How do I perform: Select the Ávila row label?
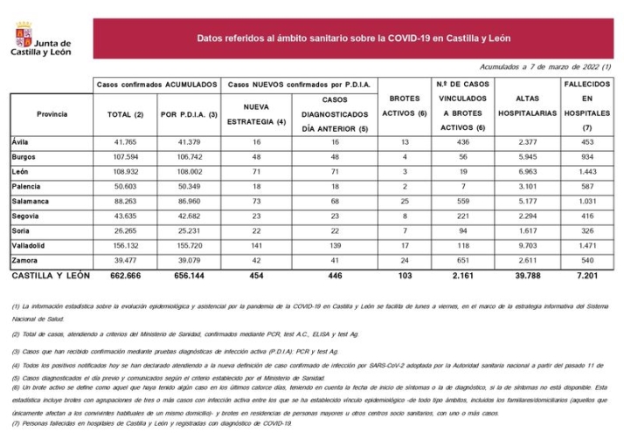click(x=21, y=141)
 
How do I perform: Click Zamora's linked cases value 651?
click(x=462, y=261)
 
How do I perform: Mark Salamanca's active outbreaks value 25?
click(x=404, y=202)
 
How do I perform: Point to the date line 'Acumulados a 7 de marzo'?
click(x=544, y=67)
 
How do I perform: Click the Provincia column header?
click(x=52, y=114)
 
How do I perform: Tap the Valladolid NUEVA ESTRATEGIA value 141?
click(x=255, y=247)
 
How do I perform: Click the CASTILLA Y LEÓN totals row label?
click(x=52, y=276)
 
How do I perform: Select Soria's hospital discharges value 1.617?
click(x=527, y=231)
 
